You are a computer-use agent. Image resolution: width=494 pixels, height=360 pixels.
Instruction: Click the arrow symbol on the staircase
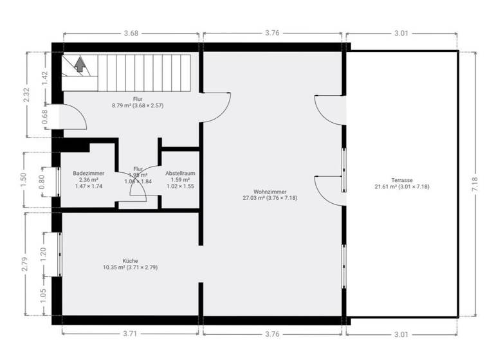pyautogui.click(x=80, y=64)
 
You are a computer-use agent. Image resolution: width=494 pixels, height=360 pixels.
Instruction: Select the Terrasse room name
pyautogui.click(x=401, y=180)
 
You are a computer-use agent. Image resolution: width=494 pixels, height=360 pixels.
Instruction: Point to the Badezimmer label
pyautogui.click(x=89, y=173)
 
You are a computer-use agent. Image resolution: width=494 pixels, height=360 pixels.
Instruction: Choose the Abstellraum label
pyautogui.click(x=180, y=173)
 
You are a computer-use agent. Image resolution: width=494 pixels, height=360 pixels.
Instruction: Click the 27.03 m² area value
pyautogui.click(x=252, y=198)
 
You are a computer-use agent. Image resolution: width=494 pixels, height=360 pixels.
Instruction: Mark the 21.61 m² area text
pyautogui.click(x=384, y=187)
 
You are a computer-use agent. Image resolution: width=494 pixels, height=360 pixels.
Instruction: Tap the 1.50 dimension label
pyautogui.click(x=24, y=180)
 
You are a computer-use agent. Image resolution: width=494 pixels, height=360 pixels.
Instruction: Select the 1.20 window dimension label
pyautogui.click(x=43, y=253)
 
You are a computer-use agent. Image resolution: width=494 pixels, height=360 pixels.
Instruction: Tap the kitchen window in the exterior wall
pyautogui.click(x=60, y=254)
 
